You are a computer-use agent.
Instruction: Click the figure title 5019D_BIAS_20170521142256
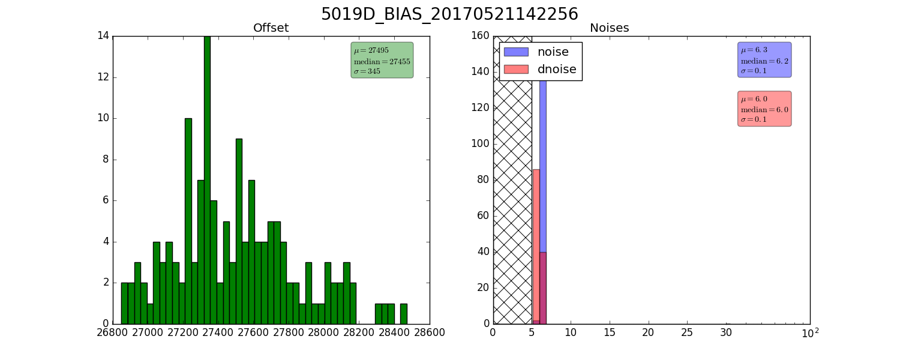(449, 14)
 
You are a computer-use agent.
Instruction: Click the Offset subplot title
(271, 28)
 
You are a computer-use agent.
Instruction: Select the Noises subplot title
(609, 28)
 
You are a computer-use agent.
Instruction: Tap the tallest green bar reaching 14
(208, 180)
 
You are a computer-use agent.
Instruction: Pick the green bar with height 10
(188, 221)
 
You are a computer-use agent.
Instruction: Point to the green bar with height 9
(239, 232)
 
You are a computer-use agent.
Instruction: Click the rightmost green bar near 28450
(404, 314)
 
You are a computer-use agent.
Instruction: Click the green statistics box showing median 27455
(382, 60)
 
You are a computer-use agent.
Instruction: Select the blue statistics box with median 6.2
(764, 60)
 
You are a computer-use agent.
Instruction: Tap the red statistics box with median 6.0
(764, 109)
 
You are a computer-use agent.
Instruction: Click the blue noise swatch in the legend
(516, 52)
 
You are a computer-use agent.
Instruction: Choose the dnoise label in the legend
(557, 69)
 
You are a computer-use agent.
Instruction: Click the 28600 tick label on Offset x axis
(429, 332)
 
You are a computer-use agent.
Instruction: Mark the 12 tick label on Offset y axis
(103, 77)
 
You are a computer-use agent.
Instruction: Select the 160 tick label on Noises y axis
(480, 36)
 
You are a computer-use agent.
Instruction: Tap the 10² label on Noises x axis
(810, 332)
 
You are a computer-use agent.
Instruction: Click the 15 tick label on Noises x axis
(610, 332)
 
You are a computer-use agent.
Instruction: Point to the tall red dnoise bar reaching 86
(536, 246)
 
